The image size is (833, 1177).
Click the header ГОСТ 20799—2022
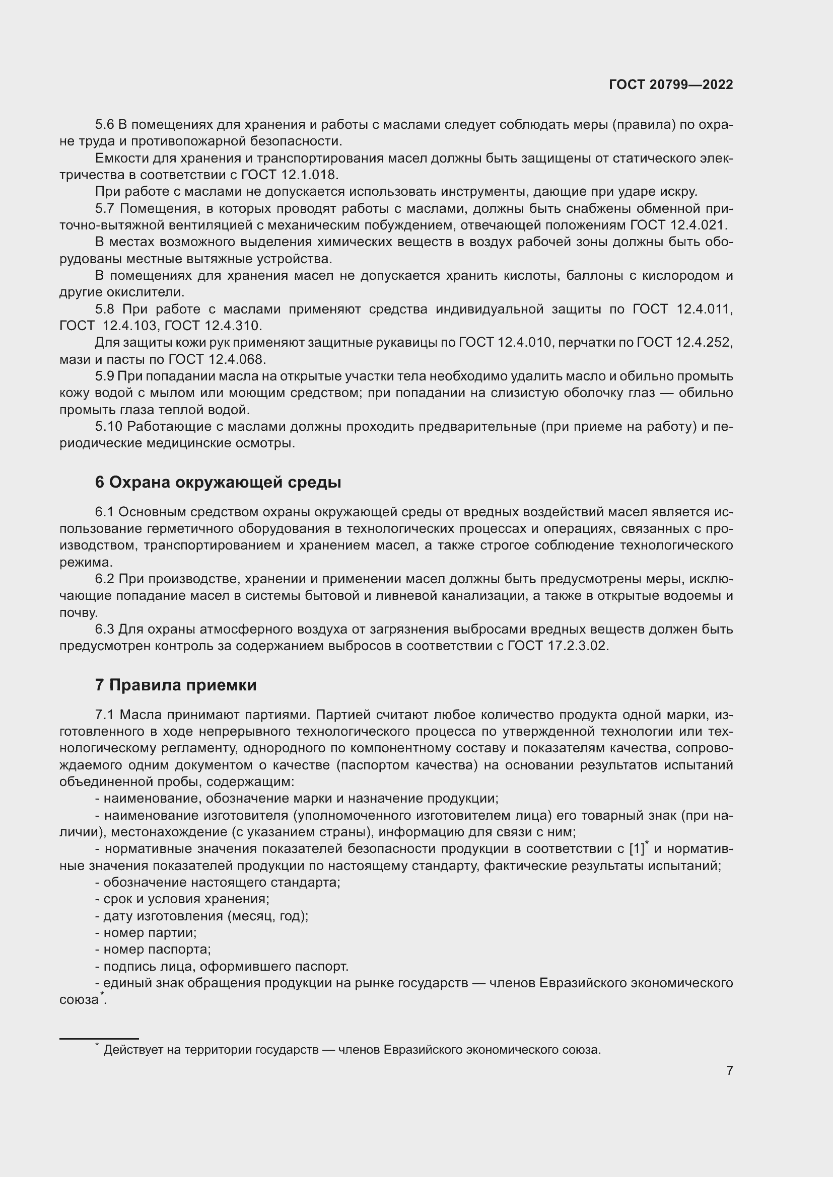(x=670, y=85)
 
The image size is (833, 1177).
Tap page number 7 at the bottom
(x=729, y=1070)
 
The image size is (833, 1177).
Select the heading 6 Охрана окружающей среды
(x=218, y=483)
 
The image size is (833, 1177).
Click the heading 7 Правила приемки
(x=175, y=685)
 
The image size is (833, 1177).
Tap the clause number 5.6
(x=105, y=125)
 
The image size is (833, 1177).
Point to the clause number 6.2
(x=105, y=579)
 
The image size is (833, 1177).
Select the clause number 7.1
(x=105, y=715)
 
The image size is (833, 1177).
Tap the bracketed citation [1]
(x=636, y=849)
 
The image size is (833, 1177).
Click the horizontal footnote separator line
(x=99, y=1039)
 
